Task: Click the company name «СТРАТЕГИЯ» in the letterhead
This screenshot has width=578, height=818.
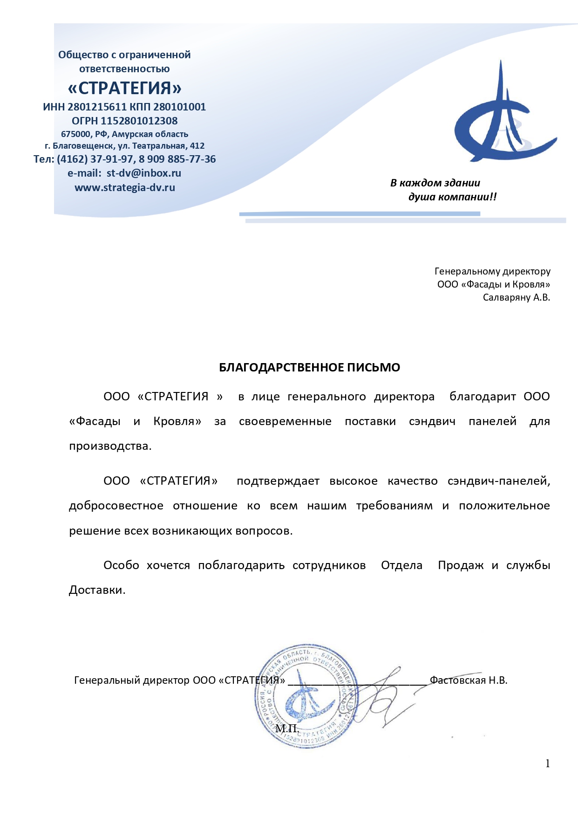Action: click(125, 88)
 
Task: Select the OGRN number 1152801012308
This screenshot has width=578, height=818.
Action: click(139, 121)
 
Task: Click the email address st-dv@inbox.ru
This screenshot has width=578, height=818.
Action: click(143, 173)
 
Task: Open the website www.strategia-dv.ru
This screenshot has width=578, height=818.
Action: click(125, 187)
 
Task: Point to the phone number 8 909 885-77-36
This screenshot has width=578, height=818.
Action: click(177, 159)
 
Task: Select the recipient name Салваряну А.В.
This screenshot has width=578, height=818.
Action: click(516, 297)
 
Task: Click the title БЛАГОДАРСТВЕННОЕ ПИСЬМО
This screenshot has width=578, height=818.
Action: click(309, 367)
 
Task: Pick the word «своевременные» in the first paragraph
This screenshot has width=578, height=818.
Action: click(285, 421)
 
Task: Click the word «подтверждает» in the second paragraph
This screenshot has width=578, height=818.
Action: click(278, 481)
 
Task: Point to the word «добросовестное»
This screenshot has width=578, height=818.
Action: click(116, 506)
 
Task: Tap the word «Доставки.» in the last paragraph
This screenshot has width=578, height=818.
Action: click(97, 590)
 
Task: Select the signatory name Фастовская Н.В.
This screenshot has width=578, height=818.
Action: click(469, 680)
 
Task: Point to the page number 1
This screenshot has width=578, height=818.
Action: click(548, 763)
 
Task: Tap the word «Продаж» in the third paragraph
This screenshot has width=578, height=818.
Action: click(461, 565)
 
